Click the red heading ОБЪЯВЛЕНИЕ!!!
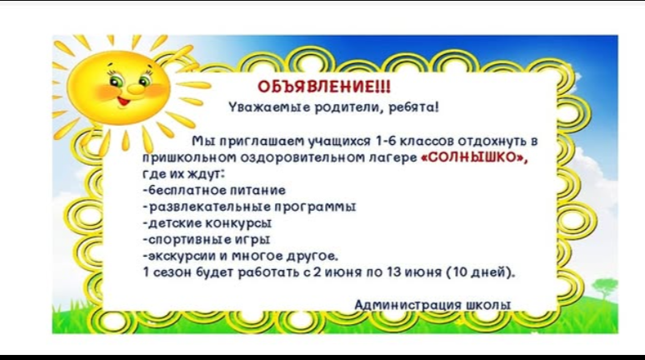click(x=323, y=87)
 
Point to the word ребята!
click(x=414, y=107)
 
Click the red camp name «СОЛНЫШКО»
click(x=474, y=157)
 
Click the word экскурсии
click(x=182, y=256)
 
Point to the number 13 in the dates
click(x=393, y=272)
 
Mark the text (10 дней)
click(x=481, y=272)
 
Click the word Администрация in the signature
click(x=408, y=305)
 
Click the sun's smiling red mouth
click(x=123, y=101)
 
